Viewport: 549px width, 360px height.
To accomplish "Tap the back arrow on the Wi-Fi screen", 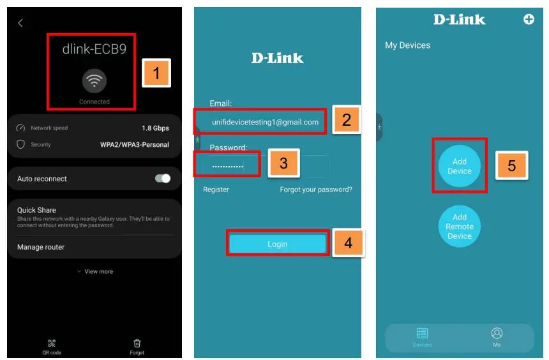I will click(20, 23).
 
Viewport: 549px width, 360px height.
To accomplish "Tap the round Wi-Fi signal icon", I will click(94, 80).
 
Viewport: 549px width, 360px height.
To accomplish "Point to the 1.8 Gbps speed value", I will click(155, 128).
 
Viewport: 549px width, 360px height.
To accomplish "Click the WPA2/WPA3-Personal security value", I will click(135, 145).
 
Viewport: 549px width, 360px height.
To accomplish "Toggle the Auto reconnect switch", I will click(163, 179).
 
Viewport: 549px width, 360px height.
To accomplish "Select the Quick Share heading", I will click(36, 210).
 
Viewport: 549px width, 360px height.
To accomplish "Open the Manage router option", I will click(41, 247).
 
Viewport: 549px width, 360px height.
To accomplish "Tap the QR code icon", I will click(52, 343).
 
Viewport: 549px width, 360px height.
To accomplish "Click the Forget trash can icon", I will click(137, 343).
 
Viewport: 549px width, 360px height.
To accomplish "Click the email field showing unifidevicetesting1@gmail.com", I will click(264, 122).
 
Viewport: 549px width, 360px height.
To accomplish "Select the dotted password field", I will click(228, 165).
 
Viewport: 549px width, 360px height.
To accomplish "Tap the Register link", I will click(216, 190).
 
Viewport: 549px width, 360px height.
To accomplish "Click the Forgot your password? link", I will click(315, 190).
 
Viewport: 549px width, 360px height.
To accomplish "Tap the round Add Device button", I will click(459, 166).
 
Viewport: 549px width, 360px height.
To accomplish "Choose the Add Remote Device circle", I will click(459, 226).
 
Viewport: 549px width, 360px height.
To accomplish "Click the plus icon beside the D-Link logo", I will click(529, 19).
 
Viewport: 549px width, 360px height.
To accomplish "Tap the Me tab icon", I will click(497, 334).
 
